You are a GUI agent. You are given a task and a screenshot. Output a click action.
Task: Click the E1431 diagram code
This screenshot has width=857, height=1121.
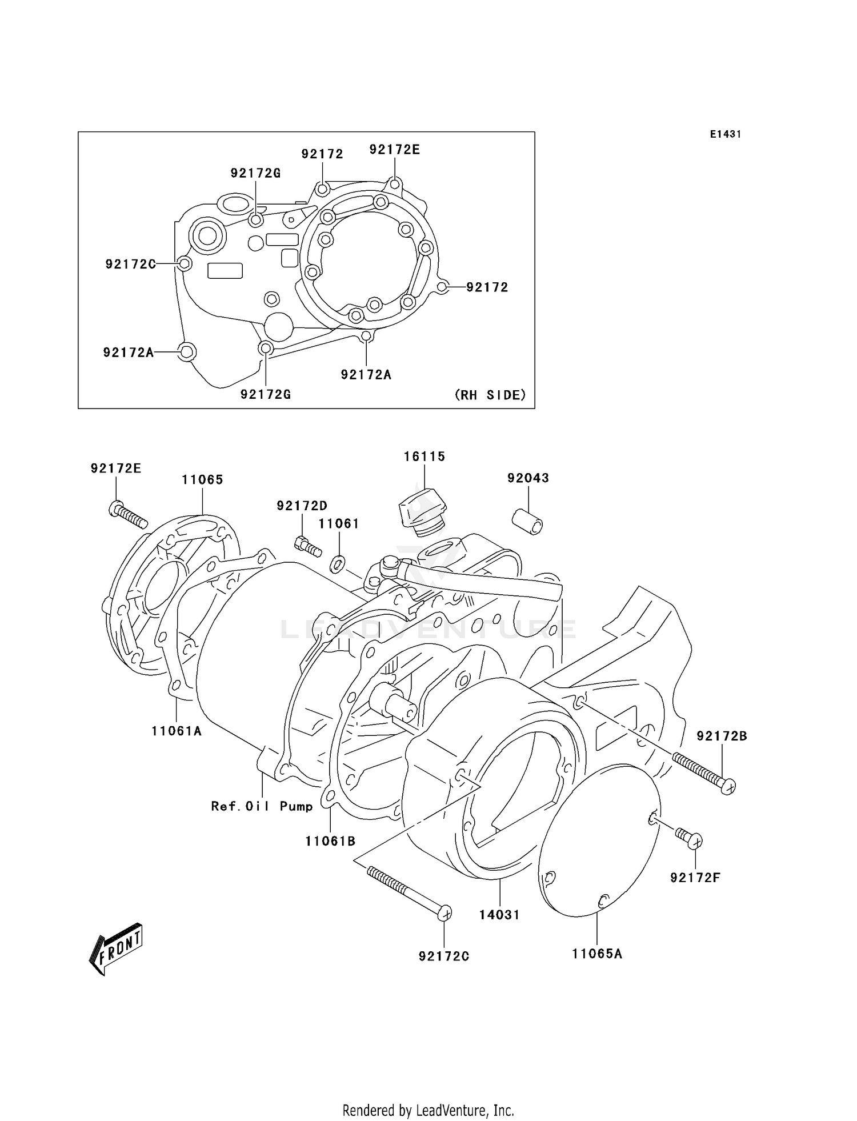point(726,134)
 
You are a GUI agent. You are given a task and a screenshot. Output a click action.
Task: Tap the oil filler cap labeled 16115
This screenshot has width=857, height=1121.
point(423,511)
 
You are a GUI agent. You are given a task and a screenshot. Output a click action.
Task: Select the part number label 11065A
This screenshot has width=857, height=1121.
point(597,954)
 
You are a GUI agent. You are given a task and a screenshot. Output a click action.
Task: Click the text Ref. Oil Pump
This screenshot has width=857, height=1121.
point(262,806)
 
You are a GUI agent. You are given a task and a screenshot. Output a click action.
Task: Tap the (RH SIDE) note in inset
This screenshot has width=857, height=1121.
point(490,395)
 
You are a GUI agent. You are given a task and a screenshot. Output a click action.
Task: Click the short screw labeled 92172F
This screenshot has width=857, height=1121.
point(688,838)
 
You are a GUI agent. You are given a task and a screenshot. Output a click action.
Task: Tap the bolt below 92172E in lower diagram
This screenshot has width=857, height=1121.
point(127,514)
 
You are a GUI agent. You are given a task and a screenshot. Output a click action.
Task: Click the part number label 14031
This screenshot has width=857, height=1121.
point(499,915)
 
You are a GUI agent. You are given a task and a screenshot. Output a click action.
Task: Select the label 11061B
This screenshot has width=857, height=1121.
point(330,841)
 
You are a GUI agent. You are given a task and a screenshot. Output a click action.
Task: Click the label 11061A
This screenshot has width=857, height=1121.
point(177,731)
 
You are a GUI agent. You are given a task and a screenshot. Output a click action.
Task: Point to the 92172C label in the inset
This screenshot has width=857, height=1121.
point(130,264)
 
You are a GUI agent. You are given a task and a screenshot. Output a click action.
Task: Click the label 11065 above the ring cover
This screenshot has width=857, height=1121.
point(202,479)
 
